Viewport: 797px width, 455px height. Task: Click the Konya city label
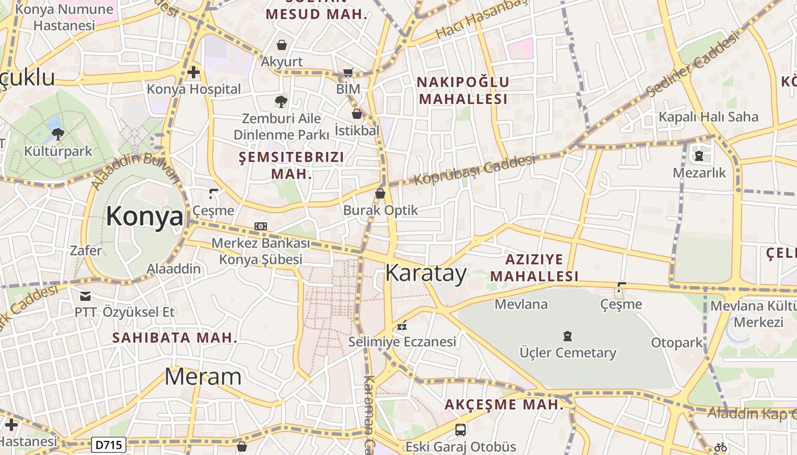tap(145, 217)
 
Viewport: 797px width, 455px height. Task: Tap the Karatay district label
tap(426, 274)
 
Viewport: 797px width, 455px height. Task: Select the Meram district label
tap(203, 377)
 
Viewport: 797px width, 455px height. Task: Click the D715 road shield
tap(108, 444)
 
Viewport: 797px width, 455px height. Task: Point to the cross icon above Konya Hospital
tap(194, 72)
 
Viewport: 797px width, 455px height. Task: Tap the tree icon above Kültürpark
tap(57, 134)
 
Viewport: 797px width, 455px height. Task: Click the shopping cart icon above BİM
tap(348, 72)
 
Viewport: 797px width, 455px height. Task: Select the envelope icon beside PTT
tap(85, 296)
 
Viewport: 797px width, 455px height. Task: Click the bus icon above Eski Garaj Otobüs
tap(461, 430)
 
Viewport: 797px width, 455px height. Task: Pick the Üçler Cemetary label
tap(568, 353)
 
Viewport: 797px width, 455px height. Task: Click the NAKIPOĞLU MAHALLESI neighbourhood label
tap(463, 90)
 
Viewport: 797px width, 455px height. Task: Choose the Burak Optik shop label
tap(380, 210)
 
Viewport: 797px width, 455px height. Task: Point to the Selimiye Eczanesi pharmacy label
tap(402, 342)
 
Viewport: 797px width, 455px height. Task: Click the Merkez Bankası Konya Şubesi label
tap(261, 251)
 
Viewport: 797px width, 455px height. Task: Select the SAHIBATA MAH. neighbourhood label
tap(175, 337)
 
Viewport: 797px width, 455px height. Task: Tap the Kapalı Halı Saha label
tap(708, 117)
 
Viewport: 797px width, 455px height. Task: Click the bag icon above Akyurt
tap(281, 44)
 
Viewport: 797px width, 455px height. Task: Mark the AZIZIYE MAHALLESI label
tap(534, 268)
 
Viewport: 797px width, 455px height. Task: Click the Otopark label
tap(677, 343)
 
